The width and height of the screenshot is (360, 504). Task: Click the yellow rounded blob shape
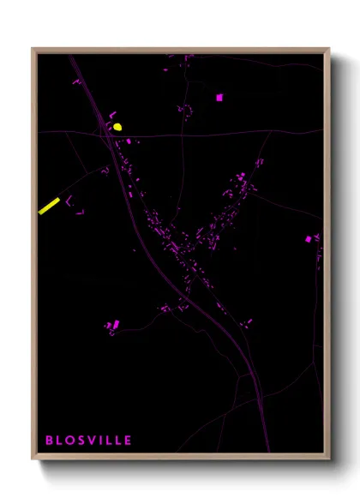pos(117,127)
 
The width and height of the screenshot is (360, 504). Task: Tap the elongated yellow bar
pos(49,206)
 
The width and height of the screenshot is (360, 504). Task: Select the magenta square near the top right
pos(219,98)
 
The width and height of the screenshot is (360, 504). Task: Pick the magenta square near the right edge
pos(309,239)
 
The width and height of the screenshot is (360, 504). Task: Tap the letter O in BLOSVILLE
pos(69,441)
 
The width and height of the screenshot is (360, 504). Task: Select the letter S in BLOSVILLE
pos(81,441)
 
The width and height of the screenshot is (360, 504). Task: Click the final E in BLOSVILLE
pos(129,441)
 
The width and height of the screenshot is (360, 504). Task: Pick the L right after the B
pos(59,441)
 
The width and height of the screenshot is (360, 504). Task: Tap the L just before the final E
pos(118,441)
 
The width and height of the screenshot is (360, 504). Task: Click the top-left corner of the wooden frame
pos(33,49)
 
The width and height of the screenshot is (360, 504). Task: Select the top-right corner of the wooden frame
pos(329,49)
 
